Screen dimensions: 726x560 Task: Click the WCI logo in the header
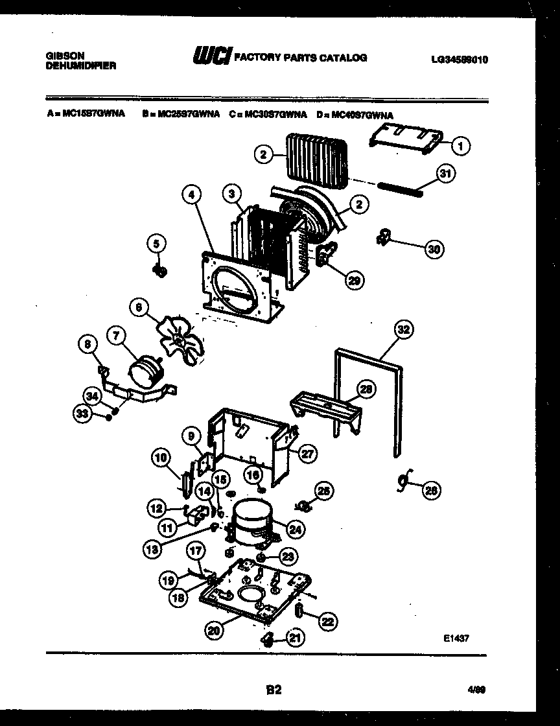(x=211, y=58)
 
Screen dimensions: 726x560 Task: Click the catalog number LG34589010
(x=459, y=59)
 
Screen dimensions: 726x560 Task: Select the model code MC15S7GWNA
(x=91, y=115)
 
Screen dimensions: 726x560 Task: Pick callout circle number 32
(x=403, y=329)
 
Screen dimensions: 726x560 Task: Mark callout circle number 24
(x=295, y=530)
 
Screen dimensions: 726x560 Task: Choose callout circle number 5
(x=156, y=244)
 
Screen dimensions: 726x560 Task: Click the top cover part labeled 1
(x=406, y=140)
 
